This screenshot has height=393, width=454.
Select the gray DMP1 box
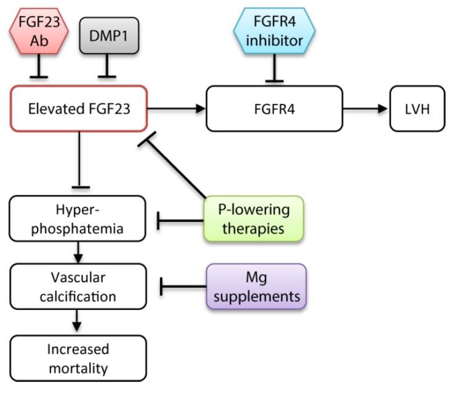[108, 35]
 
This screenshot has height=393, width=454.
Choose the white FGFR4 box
[274, 109]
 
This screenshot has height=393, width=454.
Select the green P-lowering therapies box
[254, 218]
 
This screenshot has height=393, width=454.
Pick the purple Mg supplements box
[256, 286]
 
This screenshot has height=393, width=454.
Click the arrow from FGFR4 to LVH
[366, 109]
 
